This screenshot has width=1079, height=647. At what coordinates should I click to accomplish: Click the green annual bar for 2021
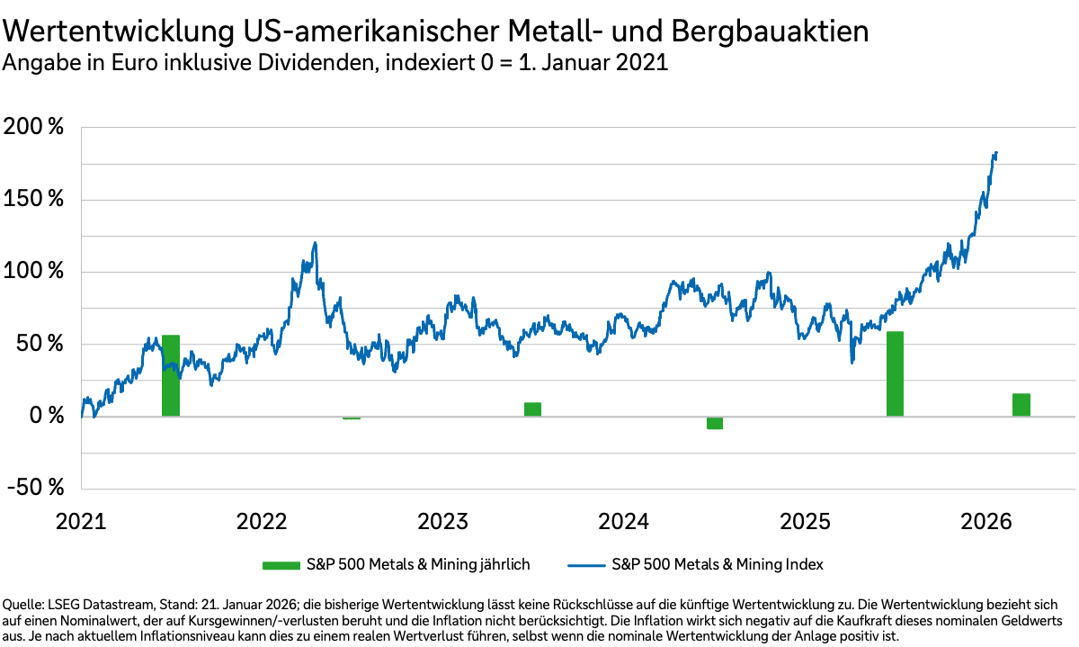point(171,375)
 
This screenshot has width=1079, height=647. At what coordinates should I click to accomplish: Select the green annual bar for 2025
point(895,373)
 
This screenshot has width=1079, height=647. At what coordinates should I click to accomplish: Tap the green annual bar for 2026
point(1021,405)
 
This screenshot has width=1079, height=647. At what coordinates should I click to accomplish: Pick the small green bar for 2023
point(532,409)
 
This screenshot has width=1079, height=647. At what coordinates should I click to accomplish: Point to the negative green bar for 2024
point(715,423)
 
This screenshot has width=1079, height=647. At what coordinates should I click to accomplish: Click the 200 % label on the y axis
point(33,128)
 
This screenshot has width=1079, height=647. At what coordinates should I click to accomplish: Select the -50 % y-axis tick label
point(33,488)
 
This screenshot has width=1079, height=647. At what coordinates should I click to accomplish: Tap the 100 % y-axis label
point(33,272)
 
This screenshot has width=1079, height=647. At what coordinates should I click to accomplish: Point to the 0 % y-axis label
point(41,416)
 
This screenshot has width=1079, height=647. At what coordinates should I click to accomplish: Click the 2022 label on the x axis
point(262,522)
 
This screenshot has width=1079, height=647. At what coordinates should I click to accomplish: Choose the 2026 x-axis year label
point(986,522)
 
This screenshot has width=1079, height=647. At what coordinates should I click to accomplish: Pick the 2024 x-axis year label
point(624,522)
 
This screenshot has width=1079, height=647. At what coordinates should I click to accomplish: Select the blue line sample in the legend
point(585,565)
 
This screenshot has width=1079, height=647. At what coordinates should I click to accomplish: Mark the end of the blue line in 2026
point(996,153)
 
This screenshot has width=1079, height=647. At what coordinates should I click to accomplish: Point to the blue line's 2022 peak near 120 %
point(315,242)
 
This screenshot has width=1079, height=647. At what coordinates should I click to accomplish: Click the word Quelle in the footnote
point(23,603)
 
